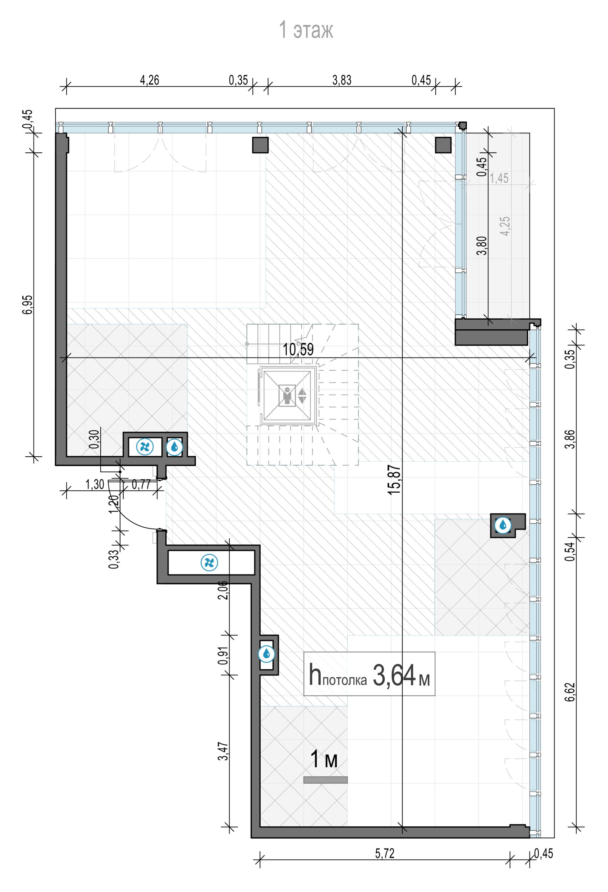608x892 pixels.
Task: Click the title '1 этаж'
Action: (306, 30)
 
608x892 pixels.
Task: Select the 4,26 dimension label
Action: (149, 80)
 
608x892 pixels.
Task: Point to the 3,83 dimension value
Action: (342, 80)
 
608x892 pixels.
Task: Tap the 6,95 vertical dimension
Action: (27, 304)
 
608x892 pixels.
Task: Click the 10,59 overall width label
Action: (298, 349)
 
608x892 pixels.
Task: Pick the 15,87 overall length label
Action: (395, 480)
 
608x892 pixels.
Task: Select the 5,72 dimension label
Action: (385, 853)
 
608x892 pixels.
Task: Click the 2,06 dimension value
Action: (223, 590)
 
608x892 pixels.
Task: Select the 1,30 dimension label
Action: (95, 485)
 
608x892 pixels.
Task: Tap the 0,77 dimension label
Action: (141, 485)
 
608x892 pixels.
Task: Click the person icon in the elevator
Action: (287, 395)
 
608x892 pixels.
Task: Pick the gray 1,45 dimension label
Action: (499, 178)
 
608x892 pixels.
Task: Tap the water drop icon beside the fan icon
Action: (175, 447)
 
